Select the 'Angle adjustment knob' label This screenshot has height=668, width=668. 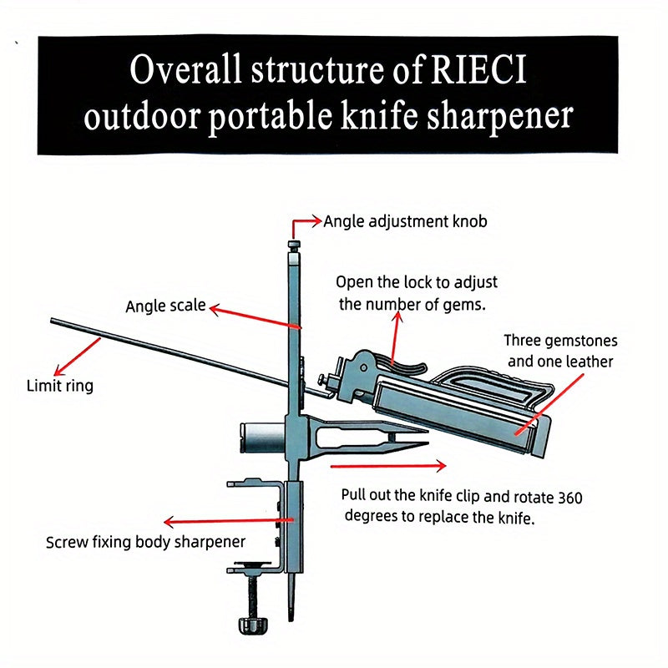click(x=405, y=222)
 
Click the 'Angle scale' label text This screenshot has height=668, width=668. click(x=165, y=306)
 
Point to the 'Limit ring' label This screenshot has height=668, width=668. click(x=60, y=386)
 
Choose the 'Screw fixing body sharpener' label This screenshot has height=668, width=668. click(x=145, y=542)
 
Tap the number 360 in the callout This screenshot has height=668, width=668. click(x=569, y=498)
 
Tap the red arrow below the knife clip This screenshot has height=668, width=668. click(x=389, y=464)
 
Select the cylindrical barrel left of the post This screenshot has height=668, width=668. click(x=260, y=435)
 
